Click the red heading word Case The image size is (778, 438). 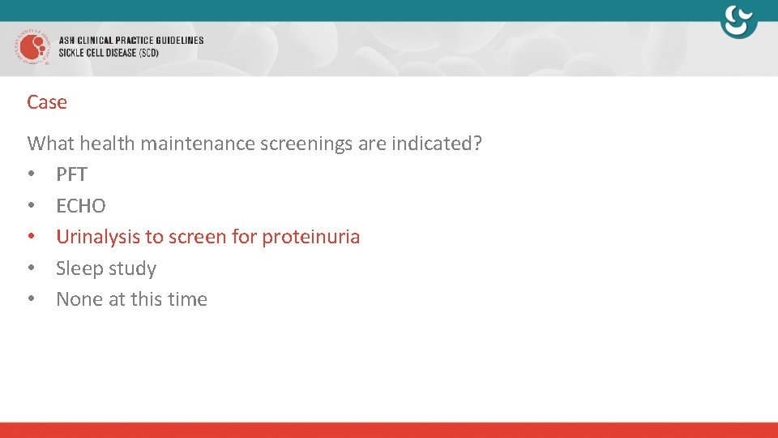coord(47,102)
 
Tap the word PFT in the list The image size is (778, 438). coord(71,174)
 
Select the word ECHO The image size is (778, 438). coord(81,206)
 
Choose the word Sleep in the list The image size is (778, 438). coord(79,268)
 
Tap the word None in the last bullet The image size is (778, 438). coord(79,299)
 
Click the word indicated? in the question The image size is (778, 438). coord(437,144)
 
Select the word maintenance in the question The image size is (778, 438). coord(197,144)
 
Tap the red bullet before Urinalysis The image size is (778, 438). coord(31,237)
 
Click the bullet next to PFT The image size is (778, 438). coord(31,174)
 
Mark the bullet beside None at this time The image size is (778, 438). coord(31,299)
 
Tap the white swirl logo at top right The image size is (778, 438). coord(738,22)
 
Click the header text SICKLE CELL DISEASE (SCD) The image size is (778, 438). coord(109,53)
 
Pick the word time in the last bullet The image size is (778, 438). coord(188,299)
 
